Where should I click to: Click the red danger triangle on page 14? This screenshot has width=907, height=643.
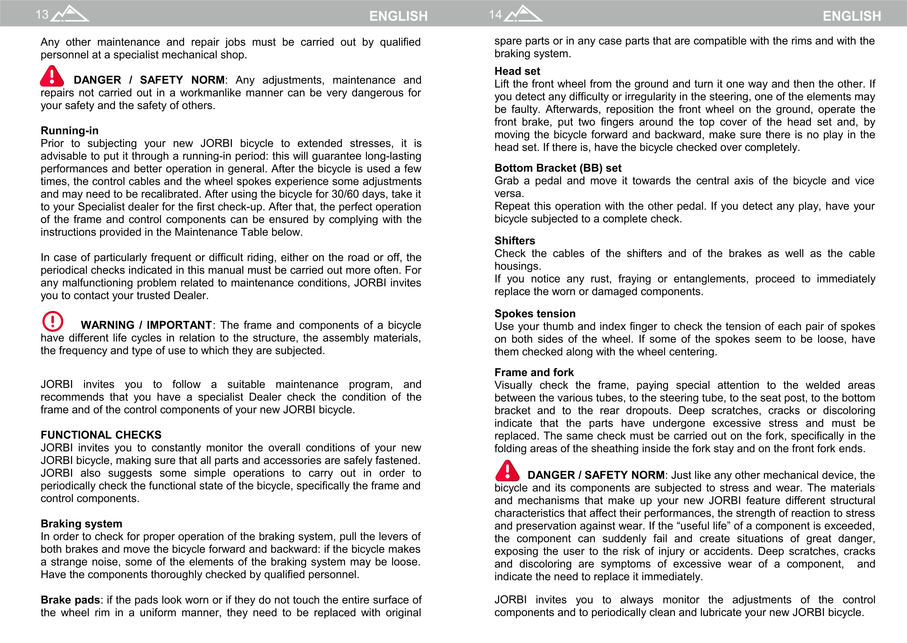[x=507, y=471]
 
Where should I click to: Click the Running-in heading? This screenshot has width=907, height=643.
[x=70, y=131]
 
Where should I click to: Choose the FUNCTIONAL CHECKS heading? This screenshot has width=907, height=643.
[x=101, y=435]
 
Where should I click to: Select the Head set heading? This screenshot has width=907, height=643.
[x=517, y=71]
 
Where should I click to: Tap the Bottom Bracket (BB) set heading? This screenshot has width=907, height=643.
[x=558, y=168]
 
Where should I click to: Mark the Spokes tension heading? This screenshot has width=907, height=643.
[x=535, y=314]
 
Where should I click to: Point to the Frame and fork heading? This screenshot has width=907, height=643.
[x=534, y=372]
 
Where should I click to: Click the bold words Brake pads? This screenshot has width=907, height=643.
[x=70, y=600]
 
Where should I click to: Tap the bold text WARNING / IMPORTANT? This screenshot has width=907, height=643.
[x=146, y=325]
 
